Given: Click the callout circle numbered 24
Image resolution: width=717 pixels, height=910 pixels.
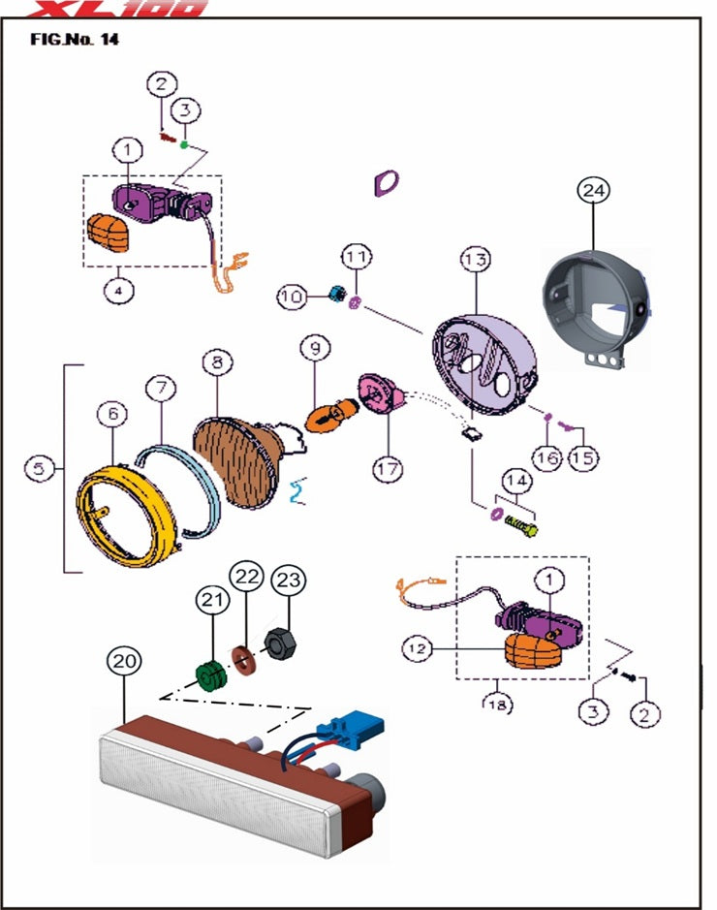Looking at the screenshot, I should pos(593,191).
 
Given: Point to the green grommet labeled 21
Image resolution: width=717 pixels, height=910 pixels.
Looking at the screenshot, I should pos(209,675).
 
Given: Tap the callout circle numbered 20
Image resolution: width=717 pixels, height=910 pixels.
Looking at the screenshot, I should pos(125,662).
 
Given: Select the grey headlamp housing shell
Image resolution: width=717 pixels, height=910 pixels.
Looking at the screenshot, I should pos(596,299).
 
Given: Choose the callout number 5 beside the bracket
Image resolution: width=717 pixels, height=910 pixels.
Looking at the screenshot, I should pos(38,468).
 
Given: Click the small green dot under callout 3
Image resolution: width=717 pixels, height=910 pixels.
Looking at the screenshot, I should pos(184,143).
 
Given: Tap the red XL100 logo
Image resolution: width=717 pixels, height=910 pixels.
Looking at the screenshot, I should pos(117,9).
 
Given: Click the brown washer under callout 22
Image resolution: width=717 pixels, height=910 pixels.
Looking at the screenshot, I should pos(244,659).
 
